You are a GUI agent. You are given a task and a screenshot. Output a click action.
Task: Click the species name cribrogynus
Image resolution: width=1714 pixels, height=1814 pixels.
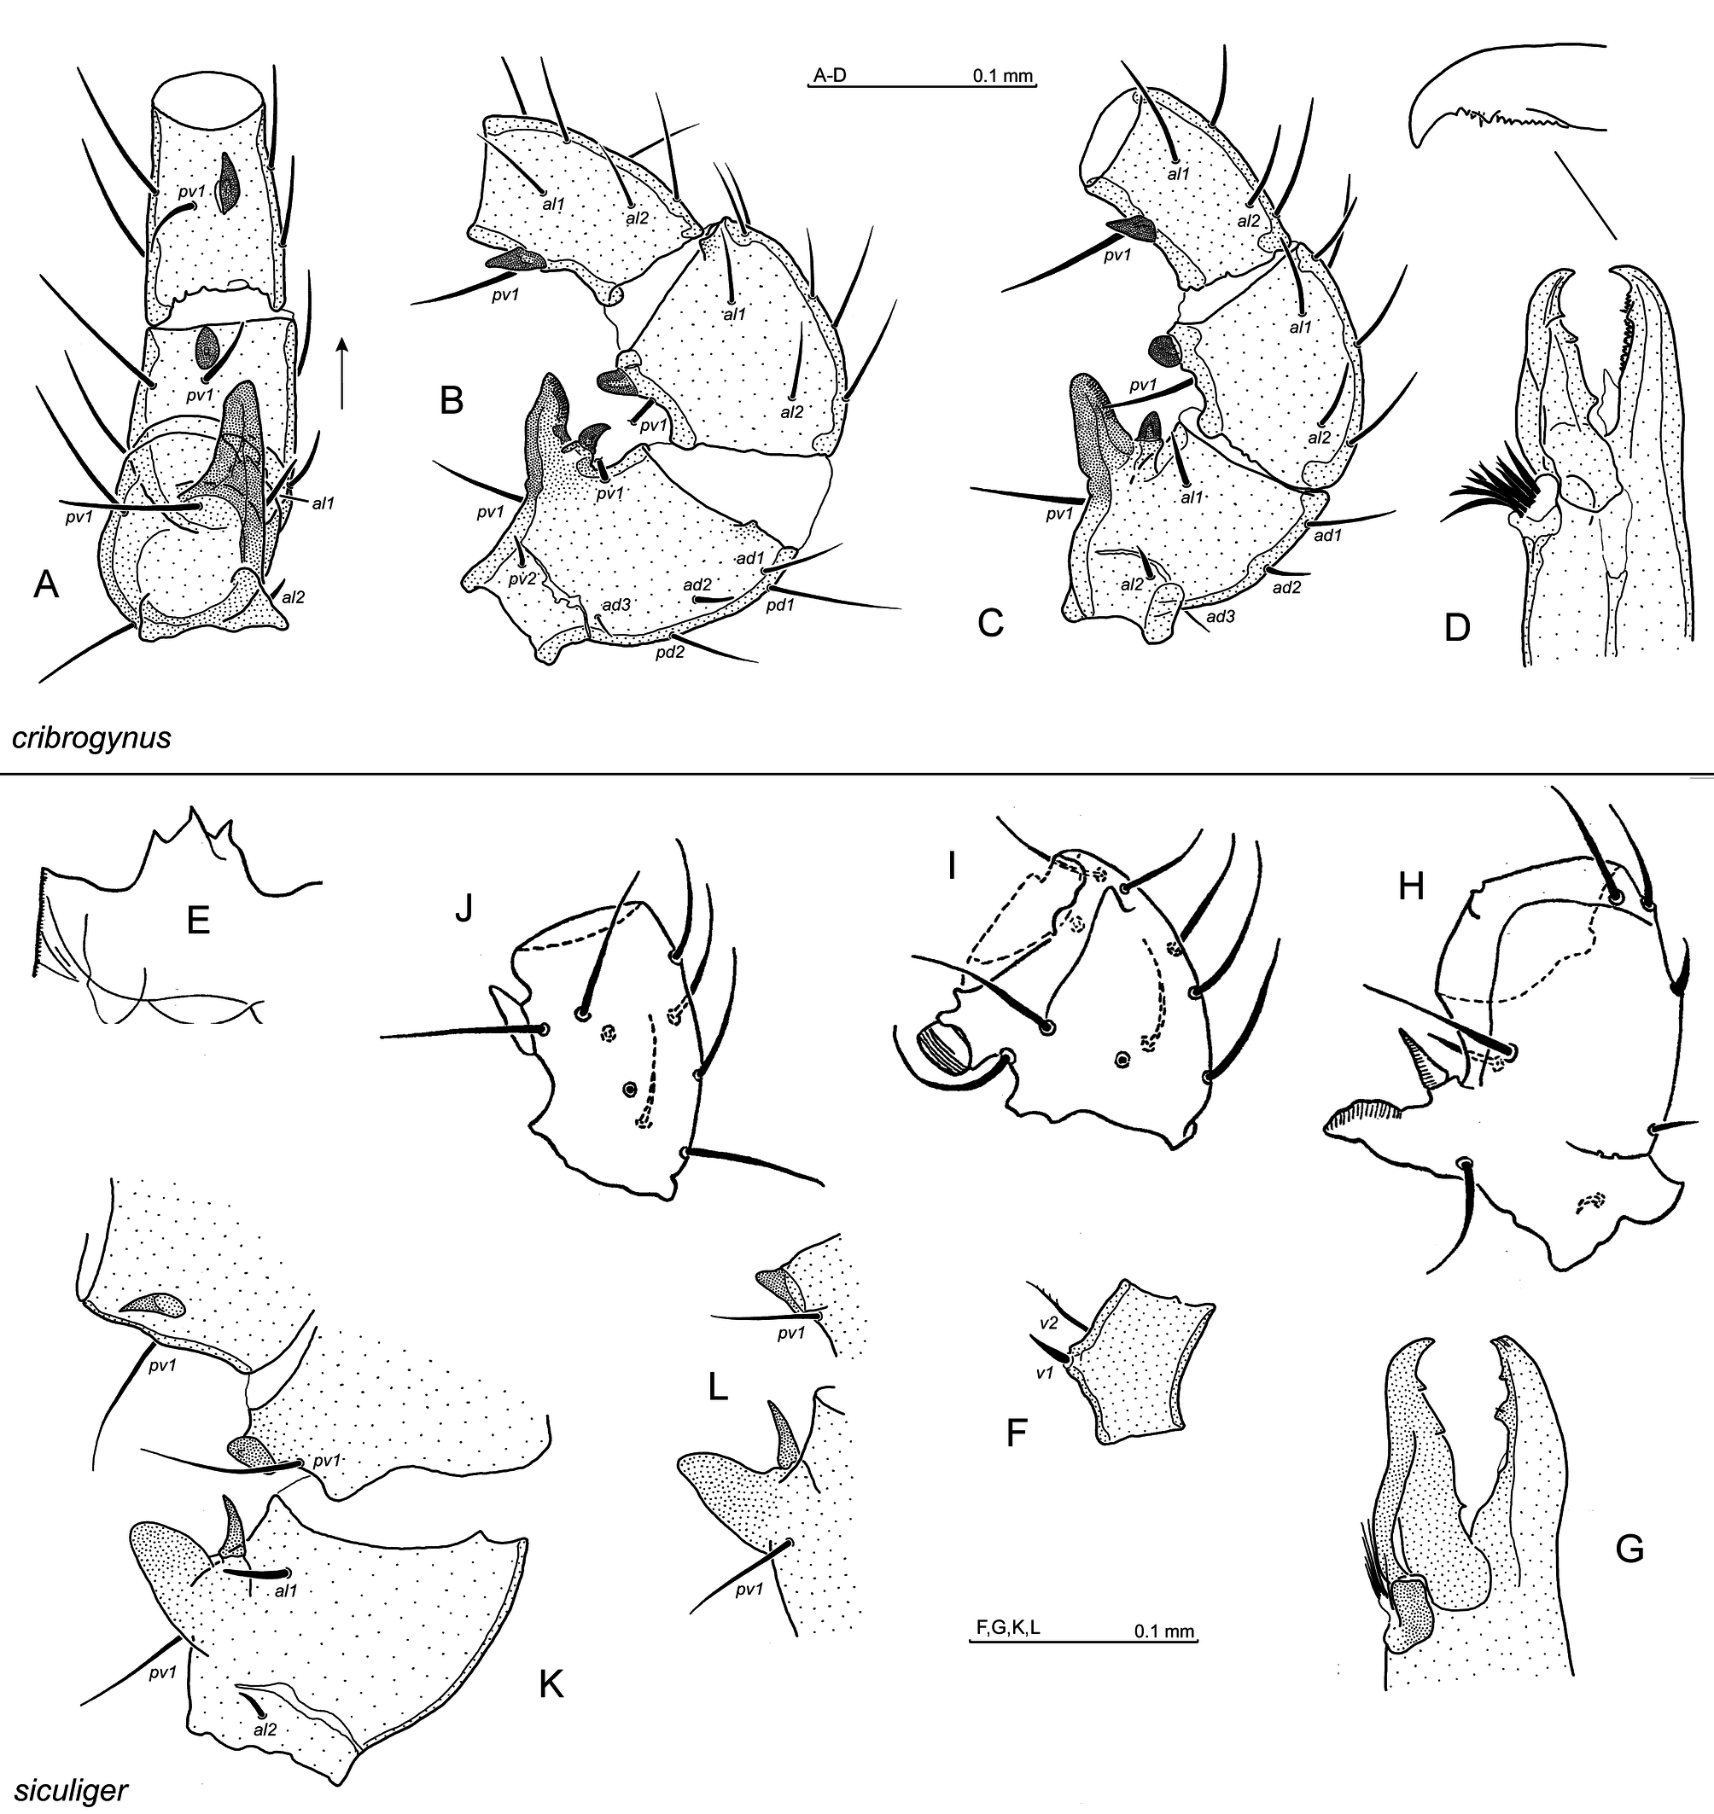tap(91, 737)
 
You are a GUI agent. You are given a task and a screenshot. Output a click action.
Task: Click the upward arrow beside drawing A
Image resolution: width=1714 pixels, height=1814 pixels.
tap(341, 372)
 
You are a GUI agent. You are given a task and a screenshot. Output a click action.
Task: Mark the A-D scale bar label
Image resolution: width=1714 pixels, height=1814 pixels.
tap(830, 76)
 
